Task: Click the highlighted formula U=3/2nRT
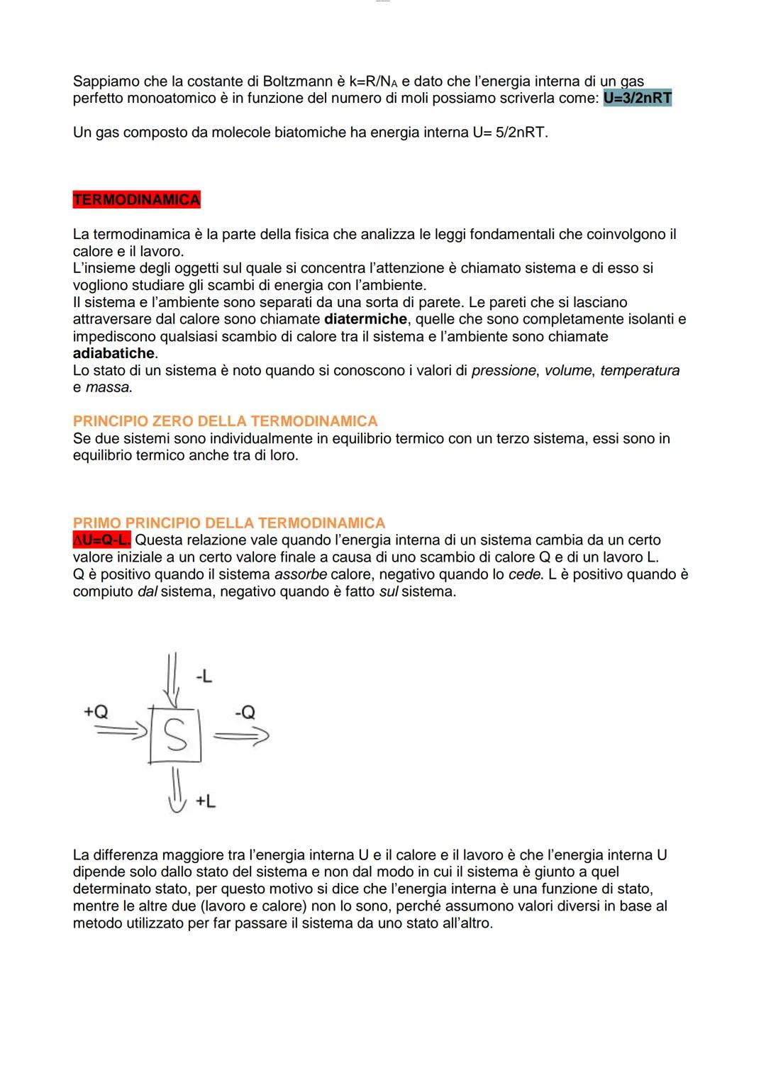click(x=637, y=98)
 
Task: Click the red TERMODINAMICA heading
click(x=136, y=200)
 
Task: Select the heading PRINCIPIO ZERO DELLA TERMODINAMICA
click(x=225, y=421)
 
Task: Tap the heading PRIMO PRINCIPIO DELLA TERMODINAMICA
click(x=228, y=523)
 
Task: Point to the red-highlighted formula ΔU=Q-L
click(x=101, y=540)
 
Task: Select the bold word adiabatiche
click(x=113, y=353)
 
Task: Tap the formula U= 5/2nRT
click(x=509, y=133)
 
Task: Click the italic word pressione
click(x=504, y=370)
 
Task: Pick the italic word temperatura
click(x=640, y=370)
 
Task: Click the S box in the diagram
click(x=175, y=735)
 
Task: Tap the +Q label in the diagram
click(x=96, y=712)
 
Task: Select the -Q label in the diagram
click(x=245, y=712)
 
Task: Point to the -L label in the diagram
click(x=204, y=677)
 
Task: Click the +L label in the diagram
click(x=206, y=801)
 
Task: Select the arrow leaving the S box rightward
click(x=241, y=737)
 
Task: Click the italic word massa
click(x=108, y=387)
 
